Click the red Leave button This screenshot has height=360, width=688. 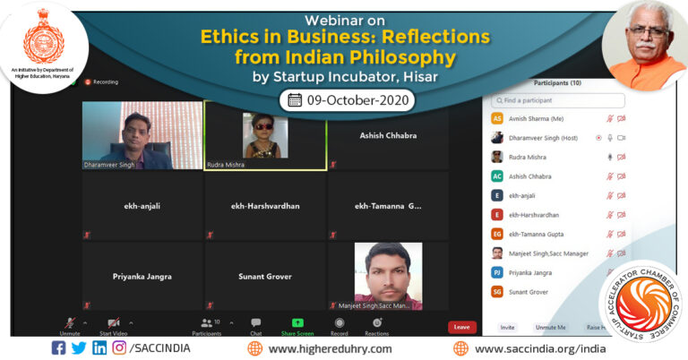[461, 327]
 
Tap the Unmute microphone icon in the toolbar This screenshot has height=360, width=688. [70, 323]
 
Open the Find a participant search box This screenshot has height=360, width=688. [557, 100]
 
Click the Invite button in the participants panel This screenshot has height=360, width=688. [507, 328]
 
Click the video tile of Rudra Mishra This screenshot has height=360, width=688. [265, 135]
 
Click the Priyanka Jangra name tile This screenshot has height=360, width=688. [142, 277]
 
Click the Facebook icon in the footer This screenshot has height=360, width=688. [58, 348]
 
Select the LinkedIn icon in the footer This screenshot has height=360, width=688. [99, 348]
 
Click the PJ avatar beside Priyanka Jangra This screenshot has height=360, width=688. [497, 272]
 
